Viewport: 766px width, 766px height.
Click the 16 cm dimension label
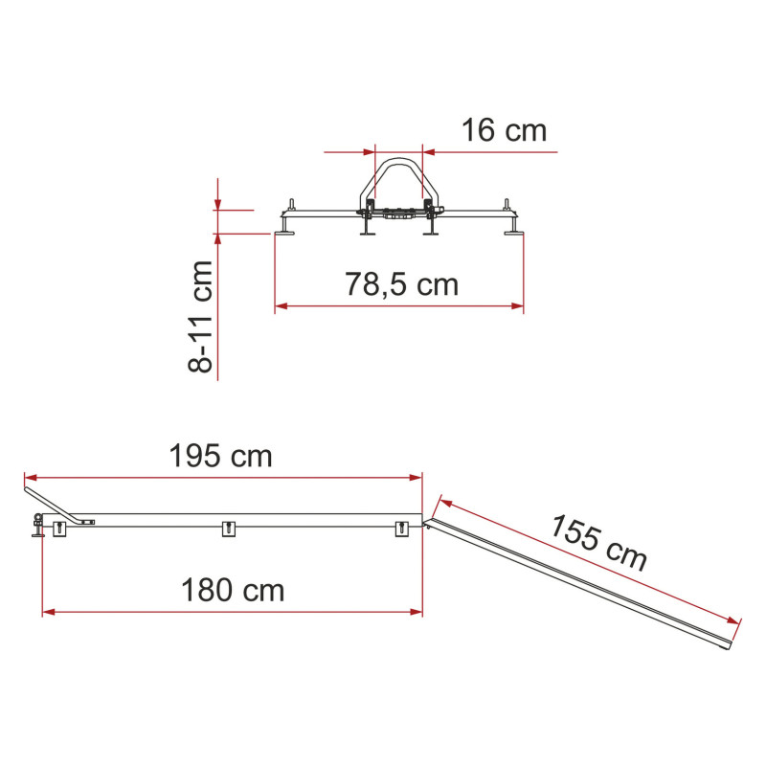[x=504, y=130]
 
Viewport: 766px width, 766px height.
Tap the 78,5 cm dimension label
[x=401, y=284]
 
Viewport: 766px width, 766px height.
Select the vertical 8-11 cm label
[x=200, y=317]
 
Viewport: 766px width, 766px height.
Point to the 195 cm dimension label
[x=220, y=456]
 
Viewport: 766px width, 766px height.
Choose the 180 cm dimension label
[x=233, y=590]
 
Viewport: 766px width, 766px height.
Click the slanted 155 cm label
[x=599, y=543]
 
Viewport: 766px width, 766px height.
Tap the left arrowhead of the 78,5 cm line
[x=281, y=306]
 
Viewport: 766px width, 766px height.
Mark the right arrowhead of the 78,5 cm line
[x=517, y=306]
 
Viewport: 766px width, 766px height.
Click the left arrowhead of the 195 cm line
[x=31, y=477]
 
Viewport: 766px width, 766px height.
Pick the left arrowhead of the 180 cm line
[x=49, y=612]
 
